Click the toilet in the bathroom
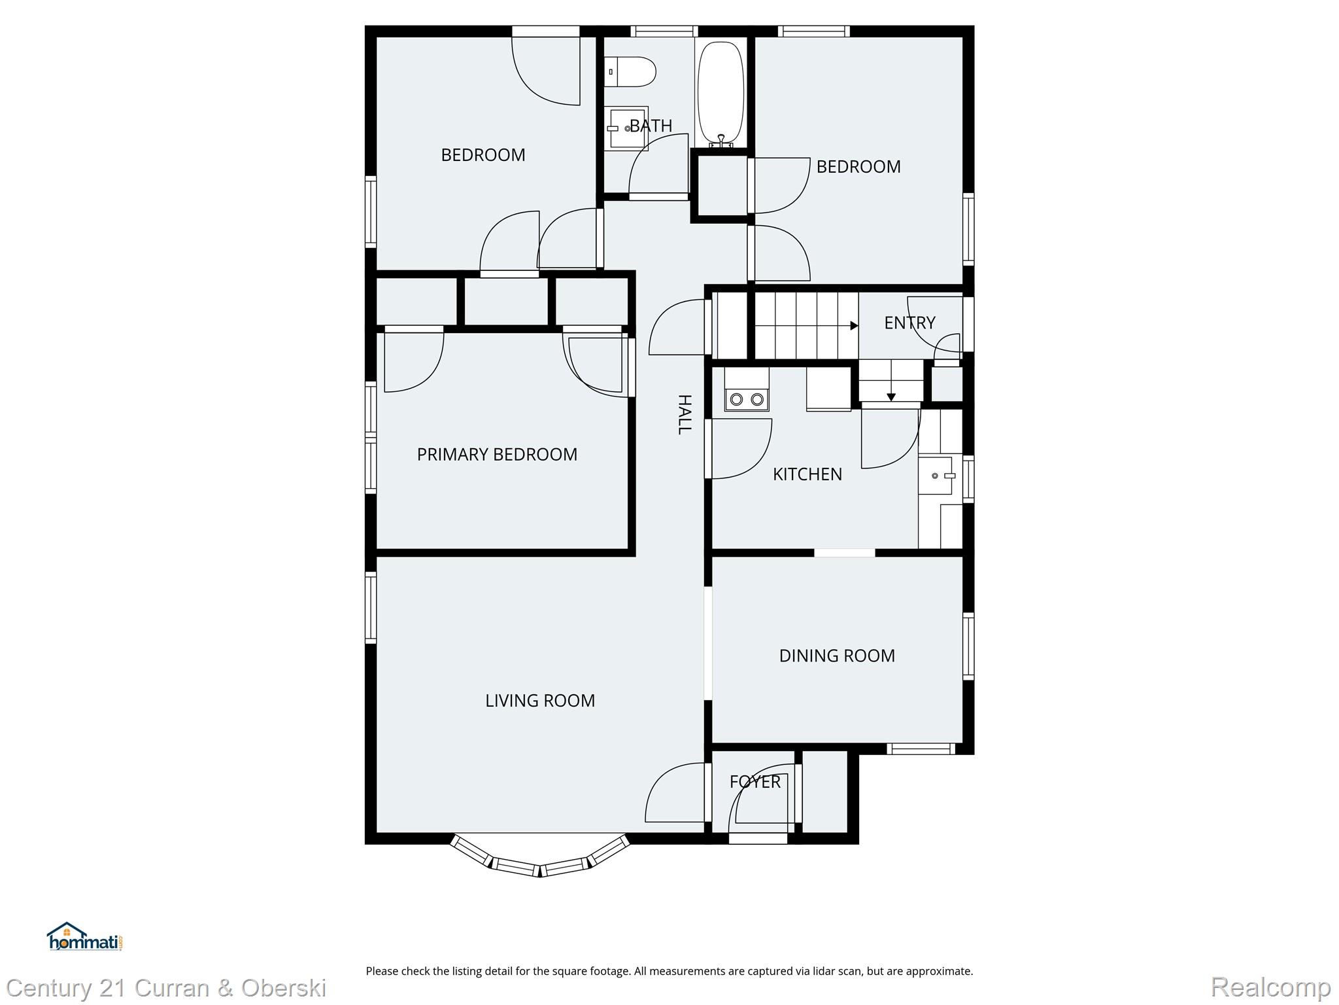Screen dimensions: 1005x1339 (630, 72)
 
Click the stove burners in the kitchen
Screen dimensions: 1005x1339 (747, 398)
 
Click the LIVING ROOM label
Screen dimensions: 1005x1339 (540, 701)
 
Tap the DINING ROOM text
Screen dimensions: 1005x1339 (837, 656)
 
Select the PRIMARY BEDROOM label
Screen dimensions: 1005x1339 (497, 454)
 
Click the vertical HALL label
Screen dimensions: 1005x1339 (684, 414)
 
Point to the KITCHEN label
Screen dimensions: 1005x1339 (807, 474)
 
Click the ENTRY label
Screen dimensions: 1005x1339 (909, 323)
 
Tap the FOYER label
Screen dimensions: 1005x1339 (754, 782)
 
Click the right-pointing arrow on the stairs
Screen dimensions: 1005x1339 (853, 326)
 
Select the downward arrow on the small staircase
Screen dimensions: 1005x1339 (890, 397)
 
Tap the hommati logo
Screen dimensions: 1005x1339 (84, 937)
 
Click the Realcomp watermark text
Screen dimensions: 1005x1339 (1270, 987)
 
